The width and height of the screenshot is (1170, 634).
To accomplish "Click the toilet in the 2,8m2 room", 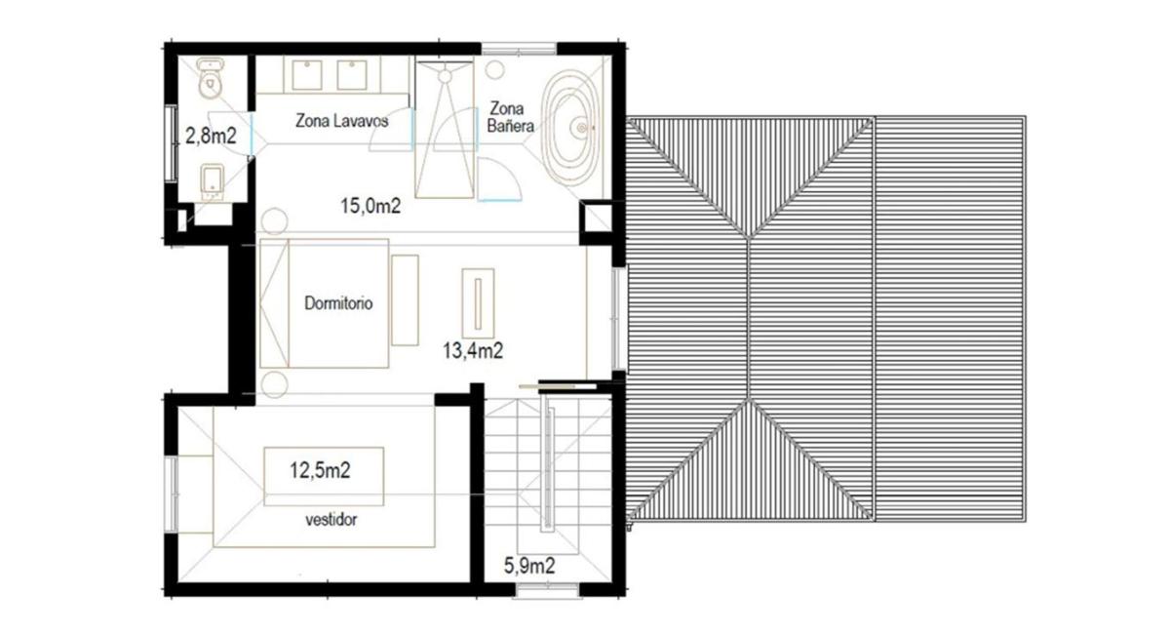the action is point(211,78).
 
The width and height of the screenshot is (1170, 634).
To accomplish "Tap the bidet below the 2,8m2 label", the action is point(213,181).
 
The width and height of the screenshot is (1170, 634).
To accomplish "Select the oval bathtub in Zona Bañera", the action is point(573,128).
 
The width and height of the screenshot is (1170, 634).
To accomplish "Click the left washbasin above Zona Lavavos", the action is point(306,75).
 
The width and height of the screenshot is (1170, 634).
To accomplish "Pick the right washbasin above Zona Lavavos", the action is point(352,75).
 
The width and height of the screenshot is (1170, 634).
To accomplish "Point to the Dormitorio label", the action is point(338,303).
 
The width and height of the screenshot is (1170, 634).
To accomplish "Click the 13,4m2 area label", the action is point(473,351).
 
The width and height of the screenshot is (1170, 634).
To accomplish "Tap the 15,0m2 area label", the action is point(370,206).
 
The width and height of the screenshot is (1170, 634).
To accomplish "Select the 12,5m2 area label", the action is point(320,470).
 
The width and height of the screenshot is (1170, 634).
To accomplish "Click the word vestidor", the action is point(331,520).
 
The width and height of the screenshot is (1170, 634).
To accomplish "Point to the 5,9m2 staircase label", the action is point(529,566).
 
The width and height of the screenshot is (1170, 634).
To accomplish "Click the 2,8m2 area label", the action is point(211,136).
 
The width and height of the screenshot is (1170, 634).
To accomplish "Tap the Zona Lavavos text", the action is point(342,121).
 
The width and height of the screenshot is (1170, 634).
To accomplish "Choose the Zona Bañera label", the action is point(509,117).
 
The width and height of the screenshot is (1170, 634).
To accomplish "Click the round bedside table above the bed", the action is point(274,221).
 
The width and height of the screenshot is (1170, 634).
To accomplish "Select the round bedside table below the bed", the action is point(274,385).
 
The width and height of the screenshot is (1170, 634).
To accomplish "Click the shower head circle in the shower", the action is point(445,76).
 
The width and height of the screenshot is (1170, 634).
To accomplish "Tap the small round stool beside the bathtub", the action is point(495,69).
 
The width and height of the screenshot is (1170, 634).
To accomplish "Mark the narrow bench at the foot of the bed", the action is point(405,300).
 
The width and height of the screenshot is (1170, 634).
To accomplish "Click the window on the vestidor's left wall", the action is point(172,494).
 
